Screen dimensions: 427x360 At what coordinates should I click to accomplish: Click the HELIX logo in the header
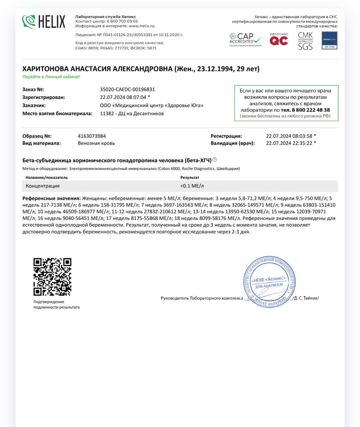tap(44, 21)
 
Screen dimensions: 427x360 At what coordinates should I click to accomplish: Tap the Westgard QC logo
tap(278, 40)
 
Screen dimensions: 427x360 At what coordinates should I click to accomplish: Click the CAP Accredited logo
tap(245, 40)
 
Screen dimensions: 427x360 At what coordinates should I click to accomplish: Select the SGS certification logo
tap(305, 41)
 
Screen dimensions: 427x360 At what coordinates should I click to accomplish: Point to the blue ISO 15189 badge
tap(329, 41)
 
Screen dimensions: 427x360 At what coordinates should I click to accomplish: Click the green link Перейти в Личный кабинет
tap(51, 77)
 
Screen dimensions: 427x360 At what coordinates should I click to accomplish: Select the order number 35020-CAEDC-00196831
tap(127, 90)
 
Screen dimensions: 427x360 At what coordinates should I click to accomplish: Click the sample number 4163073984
tap(92, 136)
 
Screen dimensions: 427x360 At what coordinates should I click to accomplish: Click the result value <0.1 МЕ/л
tap(193, 186)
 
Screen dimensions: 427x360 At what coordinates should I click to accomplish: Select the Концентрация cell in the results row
tap(43, 186)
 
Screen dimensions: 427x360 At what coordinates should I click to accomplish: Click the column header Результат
tap(190, 177)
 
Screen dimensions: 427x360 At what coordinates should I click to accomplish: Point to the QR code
tap(53, 277)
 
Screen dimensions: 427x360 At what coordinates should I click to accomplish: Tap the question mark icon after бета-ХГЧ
tap(215, 160)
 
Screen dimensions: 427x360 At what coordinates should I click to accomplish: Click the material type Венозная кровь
tap(96, 143)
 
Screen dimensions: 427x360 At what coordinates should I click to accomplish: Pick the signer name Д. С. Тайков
tap(306, 298)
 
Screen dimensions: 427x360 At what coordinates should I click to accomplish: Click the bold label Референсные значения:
tap(51, 199)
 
